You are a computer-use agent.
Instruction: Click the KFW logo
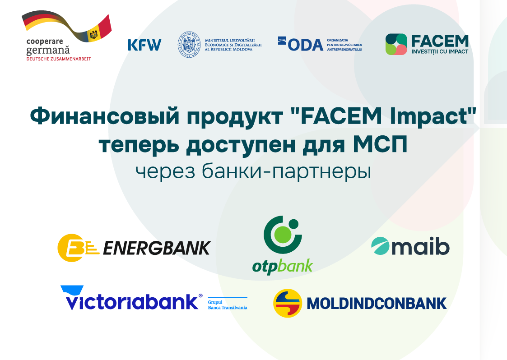tap(144, 45)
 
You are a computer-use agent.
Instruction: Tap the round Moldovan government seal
tap(189, 45)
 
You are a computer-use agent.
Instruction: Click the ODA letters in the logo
tap(305, 45)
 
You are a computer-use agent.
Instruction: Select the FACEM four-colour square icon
tap(396, 44)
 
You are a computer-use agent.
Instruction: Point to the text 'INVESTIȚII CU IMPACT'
tap(440, 51)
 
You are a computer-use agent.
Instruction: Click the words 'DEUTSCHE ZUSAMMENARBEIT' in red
tap(59, 59)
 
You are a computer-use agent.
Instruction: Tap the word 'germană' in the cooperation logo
tap(48, 51)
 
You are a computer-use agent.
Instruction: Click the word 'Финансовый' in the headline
tap(105, 116)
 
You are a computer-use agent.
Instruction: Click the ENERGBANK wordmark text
tap(157, 248)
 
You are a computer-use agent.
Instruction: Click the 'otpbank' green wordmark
tap(283, 266)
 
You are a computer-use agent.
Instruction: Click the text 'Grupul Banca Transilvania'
tap(227, 305)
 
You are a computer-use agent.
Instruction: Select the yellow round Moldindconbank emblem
tap(288, 303)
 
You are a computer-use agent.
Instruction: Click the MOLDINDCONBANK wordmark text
tap(377, 304)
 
